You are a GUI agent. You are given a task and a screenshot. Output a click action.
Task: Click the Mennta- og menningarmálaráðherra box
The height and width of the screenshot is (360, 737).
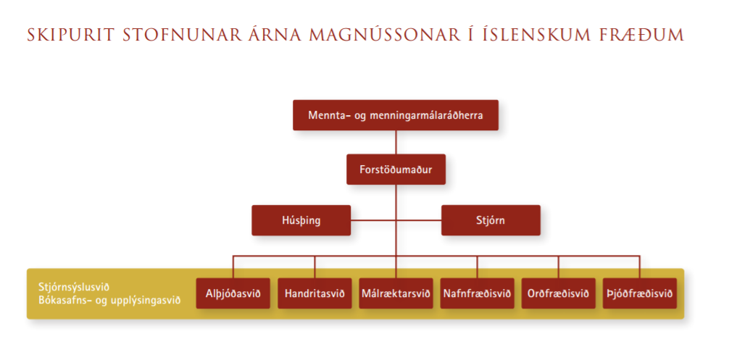coord(395,114)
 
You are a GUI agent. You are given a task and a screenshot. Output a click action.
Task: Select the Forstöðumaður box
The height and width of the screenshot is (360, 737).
coord(396,169)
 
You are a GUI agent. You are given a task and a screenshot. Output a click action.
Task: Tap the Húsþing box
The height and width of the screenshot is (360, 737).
coord(301,220)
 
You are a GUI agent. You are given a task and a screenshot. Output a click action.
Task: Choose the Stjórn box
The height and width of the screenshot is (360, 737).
coord(491,220)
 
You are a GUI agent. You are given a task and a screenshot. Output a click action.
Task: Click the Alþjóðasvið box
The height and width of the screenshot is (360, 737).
coord(233,293)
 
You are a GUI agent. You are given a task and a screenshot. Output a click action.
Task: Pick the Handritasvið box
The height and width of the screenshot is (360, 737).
coord(315,293)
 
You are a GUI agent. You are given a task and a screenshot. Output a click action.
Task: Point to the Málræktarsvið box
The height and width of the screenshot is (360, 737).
coord(396,293)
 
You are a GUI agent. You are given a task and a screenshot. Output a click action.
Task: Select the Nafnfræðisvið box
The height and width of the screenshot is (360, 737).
coord(477,293)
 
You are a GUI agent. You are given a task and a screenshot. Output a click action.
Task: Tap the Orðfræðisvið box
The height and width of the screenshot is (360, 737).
coord(559,293)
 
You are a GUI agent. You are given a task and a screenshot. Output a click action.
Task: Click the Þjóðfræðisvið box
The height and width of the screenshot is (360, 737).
coord(640,293)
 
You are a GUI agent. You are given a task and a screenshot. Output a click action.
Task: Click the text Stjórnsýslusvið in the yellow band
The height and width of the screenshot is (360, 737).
coord(74,288)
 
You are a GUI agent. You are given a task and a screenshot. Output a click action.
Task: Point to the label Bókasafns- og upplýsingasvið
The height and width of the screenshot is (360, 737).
coord(109,300)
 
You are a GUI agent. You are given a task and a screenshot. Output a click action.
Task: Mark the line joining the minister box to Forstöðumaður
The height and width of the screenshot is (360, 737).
coord(396,142)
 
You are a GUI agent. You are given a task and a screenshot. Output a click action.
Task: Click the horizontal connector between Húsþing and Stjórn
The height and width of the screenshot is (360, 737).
coord(396,220)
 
